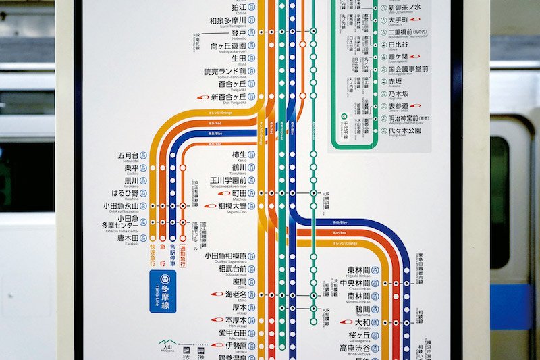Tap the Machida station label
point(238,193)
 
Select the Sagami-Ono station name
point(233,206)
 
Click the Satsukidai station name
point(128,155)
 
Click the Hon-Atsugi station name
point(236,320)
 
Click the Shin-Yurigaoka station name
point(227,97)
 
